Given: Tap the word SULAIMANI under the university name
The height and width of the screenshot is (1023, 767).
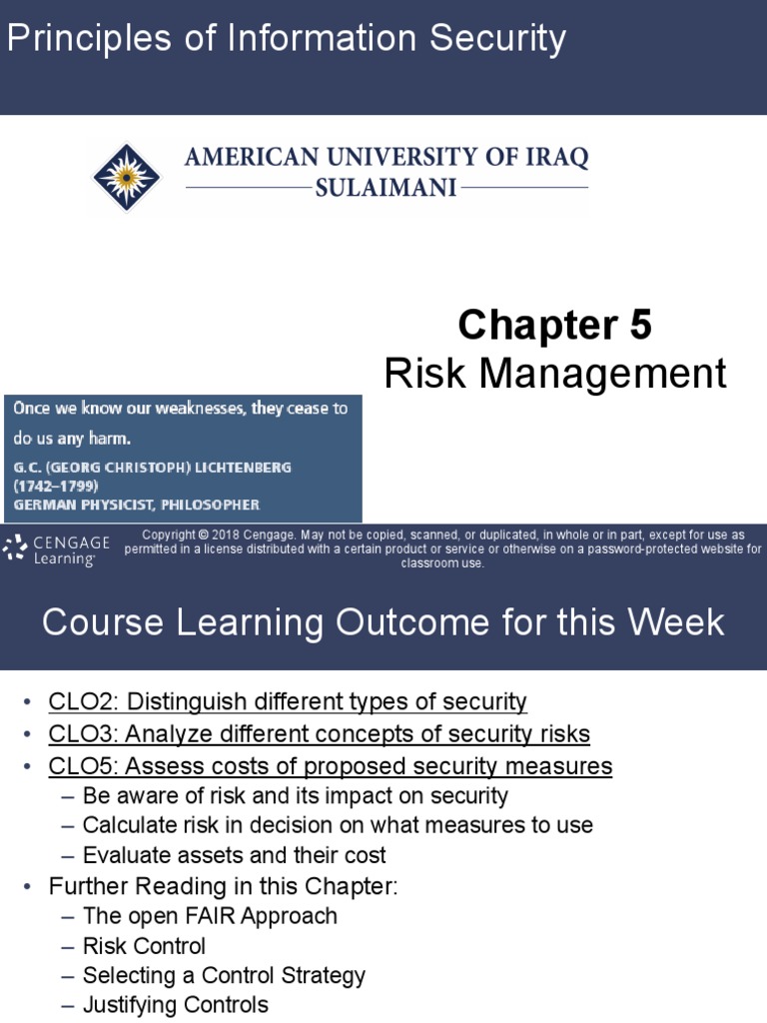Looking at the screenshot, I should click(385, 187).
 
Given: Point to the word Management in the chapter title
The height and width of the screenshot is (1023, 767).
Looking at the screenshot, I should click(611, 374).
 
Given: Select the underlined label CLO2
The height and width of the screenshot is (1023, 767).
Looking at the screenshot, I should click(77, 702).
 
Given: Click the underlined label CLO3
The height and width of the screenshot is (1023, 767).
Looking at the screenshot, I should click(77, 734).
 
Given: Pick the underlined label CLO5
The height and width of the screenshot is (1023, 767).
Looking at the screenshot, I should click(77, 766).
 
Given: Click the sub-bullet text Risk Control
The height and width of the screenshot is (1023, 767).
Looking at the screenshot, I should click(144, 945).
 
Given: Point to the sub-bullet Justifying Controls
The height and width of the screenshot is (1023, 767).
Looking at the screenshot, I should click(175, 1004).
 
